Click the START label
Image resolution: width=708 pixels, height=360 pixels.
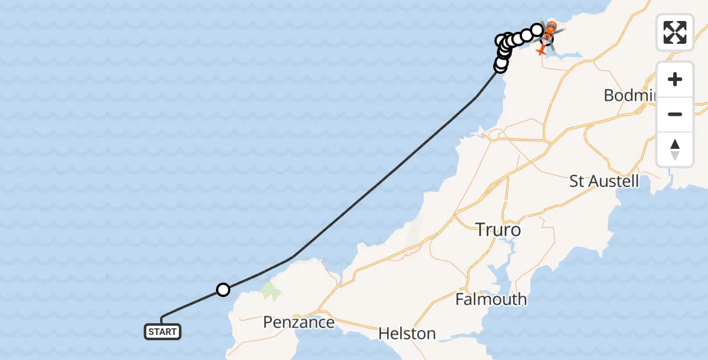(162, 331)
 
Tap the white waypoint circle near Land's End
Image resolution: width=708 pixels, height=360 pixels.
(223, 290)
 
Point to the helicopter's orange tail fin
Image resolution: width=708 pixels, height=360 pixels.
(542, 52)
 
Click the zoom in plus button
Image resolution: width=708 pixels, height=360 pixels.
(675, 80)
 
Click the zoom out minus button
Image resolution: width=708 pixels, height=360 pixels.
(675, 114)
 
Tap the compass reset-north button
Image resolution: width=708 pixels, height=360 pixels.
(675, 149)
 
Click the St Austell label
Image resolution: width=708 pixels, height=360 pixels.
(604, 181)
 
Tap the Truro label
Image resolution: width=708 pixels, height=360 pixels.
(498, 229)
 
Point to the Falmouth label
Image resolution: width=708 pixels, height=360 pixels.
(491, 299)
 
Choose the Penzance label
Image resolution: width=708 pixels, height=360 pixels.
(299, 322)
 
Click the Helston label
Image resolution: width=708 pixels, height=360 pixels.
(408, 334)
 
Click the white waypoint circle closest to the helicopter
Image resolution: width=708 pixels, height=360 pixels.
(537, 29)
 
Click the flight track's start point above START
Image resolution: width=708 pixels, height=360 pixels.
(162, 317)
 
